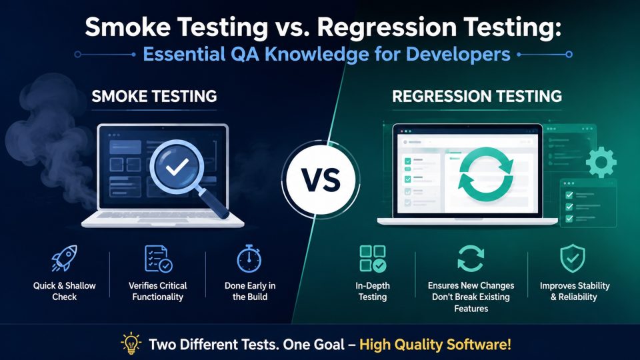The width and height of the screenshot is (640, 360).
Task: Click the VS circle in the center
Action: (x=321, y=179)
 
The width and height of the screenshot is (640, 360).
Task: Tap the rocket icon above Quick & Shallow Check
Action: (x=64, y=258)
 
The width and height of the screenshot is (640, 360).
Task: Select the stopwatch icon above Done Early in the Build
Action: (x=249, y=259)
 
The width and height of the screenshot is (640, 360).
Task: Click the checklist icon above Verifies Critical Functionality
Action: (x=159, y=259)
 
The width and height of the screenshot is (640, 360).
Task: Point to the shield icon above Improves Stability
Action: (x=573, y=259)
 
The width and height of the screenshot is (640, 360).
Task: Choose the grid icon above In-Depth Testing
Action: (x=373, y=259)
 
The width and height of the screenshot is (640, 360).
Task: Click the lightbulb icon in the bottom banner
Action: (x=131, y=343)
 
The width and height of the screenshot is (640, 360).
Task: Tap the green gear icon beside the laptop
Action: (x=601, y=162)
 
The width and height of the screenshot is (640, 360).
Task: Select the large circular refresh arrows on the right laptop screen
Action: (x=486, y=174)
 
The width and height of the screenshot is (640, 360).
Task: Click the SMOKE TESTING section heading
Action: (x=154, y=96)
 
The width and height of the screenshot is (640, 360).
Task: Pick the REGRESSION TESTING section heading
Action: (x=477, y=96)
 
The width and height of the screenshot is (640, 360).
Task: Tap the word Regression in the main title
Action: (x=387, y=28)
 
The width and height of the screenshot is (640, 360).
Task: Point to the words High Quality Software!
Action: (x=435, y=345)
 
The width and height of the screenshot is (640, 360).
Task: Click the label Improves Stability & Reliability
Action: (x=575, y=291)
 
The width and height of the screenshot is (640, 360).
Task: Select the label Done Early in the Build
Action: (x=250, y=291)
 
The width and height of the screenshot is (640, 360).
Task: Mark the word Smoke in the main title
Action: (x=128, y=27)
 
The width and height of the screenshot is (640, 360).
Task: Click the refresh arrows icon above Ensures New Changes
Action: (x=471, y=259)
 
